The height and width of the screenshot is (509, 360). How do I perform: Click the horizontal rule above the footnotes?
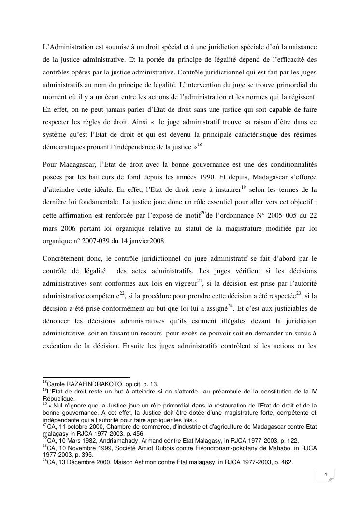(86, 378)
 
